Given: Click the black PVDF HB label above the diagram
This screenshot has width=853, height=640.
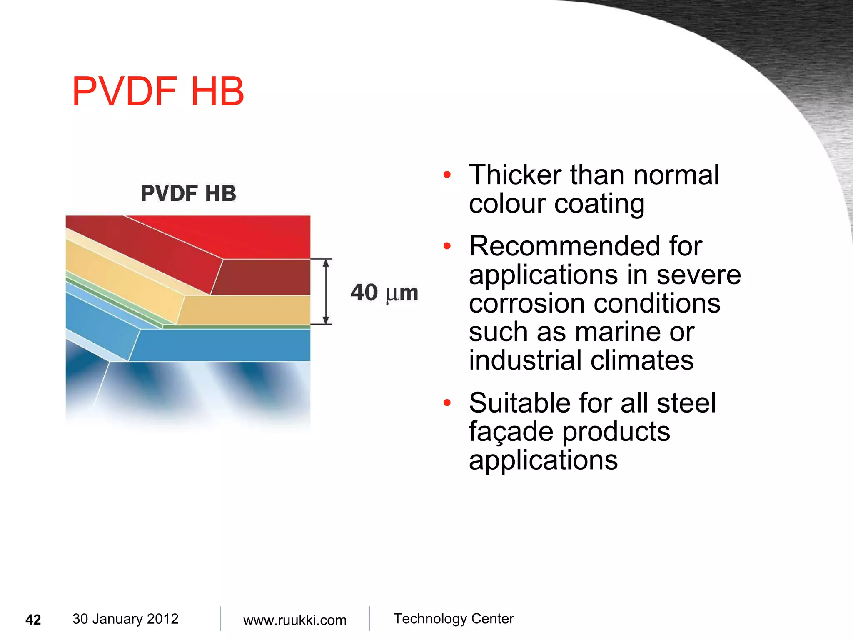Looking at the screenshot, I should click(188, 193).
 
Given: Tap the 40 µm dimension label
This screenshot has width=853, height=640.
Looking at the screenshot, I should click(384, 292).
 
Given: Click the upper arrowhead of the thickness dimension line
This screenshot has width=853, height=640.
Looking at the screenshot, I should click(327, 263).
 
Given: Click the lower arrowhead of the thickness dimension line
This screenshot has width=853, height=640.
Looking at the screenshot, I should click(327, 320).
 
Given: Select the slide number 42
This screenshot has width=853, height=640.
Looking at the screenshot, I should click(33, 620).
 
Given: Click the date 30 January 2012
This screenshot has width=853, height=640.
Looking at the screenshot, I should click(125, 619).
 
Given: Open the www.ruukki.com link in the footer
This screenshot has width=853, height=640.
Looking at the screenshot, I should click(295, 620).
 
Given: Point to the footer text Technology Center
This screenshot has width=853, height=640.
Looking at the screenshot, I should click(454, 619).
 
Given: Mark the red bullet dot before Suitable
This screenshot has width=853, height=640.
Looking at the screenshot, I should click(447, 403).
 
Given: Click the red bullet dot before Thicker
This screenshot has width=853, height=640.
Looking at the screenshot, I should click(447, 175).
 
